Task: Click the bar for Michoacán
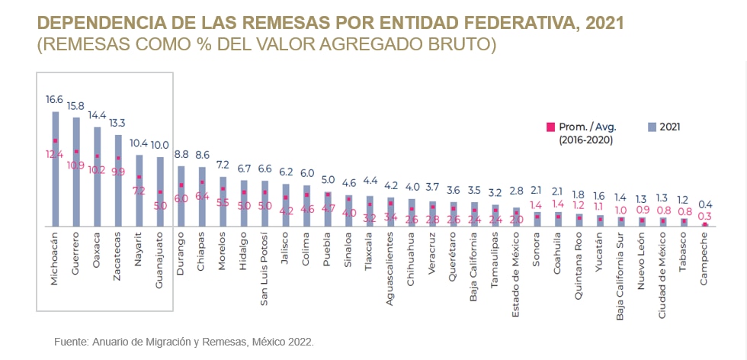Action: [55, 169]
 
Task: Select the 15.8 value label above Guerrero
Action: [75, 105]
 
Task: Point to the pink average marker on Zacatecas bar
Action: [118, 159]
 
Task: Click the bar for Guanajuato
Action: [160, 192]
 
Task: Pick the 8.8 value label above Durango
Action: [181, 153]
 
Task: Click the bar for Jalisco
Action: [286, 205]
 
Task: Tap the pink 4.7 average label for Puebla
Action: [328, 207]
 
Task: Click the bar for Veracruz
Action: [432, 214]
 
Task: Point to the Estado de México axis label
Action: [516, 272]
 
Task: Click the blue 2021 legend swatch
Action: [650, 127]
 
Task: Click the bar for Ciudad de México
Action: [662, 222]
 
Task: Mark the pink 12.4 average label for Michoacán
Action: [55, 154]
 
